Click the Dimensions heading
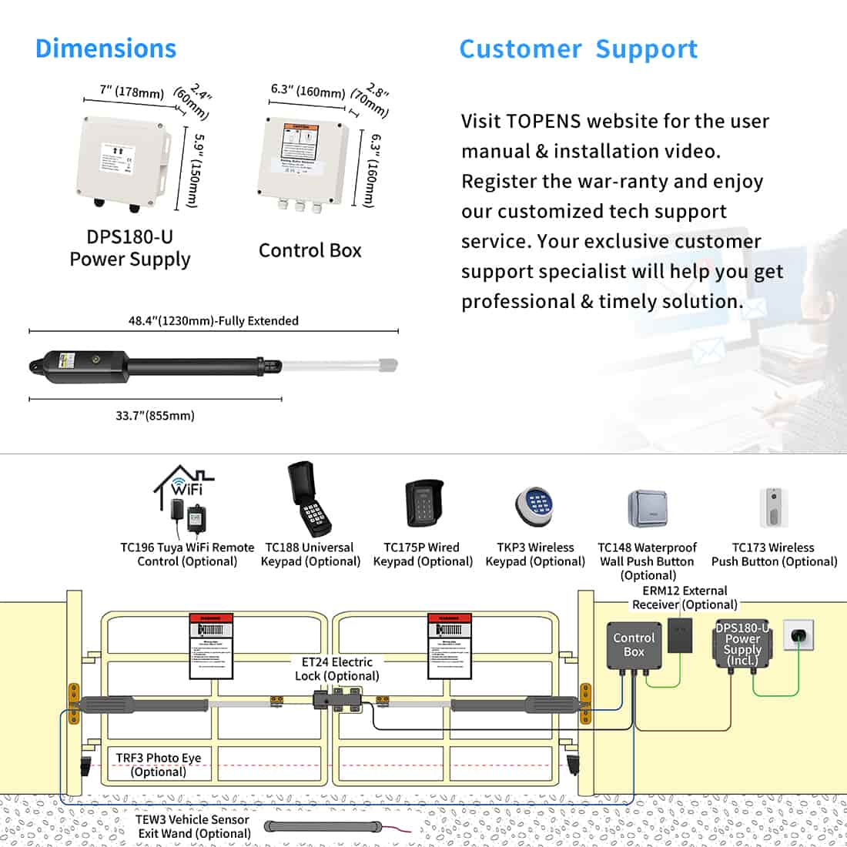point(105,49)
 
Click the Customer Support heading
point(578,49)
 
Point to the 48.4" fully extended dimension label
point(213,321)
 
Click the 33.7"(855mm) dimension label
point(155,416)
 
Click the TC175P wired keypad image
point(422,504)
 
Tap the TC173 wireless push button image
point(774,508)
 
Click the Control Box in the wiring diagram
point(634,645)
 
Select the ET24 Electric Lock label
point(336,668)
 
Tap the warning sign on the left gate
point(211,646)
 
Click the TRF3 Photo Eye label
point(158,765)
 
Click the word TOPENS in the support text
point(544,122)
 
